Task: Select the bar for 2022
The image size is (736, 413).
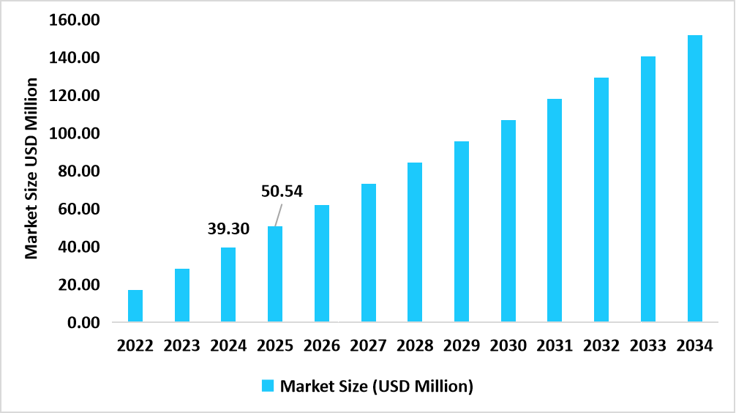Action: [x=135, y=306]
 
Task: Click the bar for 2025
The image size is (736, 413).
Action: [x=275, y=275]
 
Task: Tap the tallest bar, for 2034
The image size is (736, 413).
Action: [x=694, y=179]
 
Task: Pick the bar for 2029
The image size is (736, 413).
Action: [x=462, y=231]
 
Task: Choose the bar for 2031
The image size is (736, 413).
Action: [x=555, y=210]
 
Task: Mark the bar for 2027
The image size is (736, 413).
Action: [x=369, y=253]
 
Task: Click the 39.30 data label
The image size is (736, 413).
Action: [x=228, y=229]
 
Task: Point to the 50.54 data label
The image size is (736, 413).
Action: [x=282, y=192]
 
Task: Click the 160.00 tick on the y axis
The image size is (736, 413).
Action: [x=75, y=20]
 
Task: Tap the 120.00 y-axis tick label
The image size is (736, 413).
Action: [x=75, y=95]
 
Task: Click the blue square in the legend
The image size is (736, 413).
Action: [x=268, y=386]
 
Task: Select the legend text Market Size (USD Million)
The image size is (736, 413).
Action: [x=377, y=386]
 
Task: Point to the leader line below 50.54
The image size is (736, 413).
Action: [x=278, y=215]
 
